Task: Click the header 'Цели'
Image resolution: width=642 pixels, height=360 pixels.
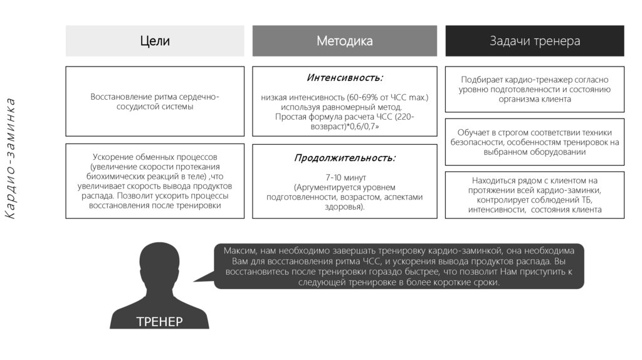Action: (154, 41)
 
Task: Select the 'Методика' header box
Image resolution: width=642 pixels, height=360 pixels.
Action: (344, 41)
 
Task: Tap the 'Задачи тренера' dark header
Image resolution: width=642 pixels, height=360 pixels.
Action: (534, 41)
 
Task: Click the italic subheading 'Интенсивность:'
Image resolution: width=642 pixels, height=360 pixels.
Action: (344, 78)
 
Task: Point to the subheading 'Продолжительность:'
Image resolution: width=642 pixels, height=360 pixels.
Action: (344, 158)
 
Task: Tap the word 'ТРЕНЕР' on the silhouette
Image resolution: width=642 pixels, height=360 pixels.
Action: (159, 322)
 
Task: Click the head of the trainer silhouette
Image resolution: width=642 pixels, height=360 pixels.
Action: (159, 263)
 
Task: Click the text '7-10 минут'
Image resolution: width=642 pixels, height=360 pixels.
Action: (344, 177)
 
